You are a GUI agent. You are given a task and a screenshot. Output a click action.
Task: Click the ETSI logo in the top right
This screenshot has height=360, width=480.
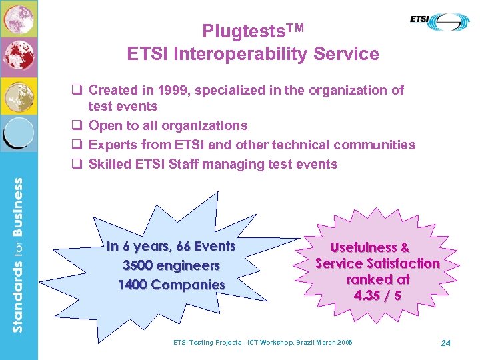[441, 23]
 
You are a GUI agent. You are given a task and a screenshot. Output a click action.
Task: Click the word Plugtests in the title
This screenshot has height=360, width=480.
[237, 31]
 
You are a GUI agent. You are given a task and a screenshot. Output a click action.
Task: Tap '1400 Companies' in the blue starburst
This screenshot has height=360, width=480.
[171, 285]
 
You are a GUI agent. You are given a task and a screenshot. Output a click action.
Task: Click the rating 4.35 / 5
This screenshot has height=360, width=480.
[377, 295]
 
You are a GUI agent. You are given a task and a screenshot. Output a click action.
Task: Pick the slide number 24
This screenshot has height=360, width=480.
[446, 343]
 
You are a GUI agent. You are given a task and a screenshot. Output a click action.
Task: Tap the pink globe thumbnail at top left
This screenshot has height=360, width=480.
[19, 19]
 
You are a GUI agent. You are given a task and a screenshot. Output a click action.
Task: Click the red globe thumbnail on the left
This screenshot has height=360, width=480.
[19, 57]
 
